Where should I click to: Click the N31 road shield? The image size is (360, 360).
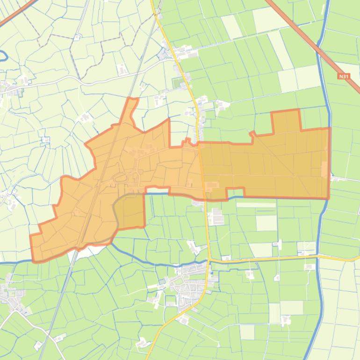point(344,75)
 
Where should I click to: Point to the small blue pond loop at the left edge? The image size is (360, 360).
point(4,56)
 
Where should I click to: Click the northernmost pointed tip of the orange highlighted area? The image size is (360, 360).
point(133,99)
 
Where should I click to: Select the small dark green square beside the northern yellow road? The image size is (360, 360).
point(177,84)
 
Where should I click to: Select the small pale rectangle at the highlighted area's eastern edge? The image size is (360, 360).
point(324,169)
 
